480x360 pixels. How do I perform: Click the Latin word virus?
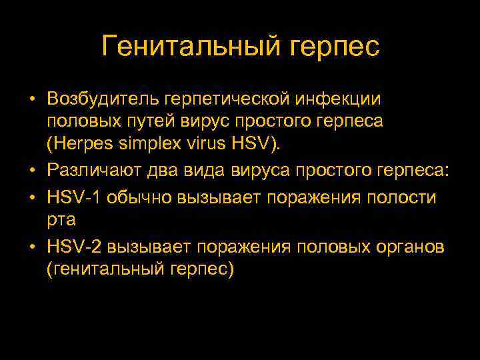point(211,145)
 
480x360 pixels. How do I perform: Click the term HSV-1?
point(71,198)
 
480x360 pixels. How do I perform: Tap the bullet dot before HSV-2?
point(32,248)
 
